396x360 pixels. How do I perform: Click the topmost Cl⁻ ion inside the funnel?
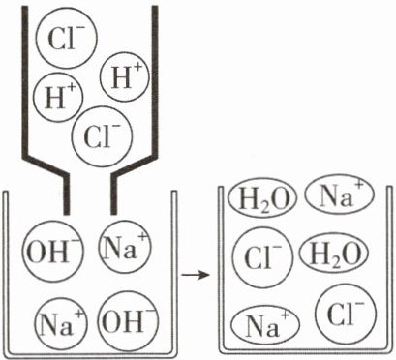coord(67,38)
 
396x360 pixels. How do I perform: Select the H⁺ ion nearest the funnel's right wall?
coord(125,77)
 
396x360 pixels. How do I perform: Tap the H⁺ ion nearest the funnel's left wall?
coord(58,97)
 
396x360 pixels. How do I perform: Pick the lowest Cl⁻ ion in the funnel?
coord(102,136)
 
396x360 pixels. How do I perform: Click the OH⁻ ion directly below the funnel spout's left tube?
coord(52,252)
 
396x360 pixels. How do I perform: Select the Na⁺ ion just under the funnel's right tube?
coord(125,247)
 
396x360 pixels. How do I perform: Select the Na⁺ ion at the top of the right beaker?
coord(339,195)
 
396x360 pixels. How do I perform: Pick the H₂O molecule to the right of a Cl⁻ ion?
coord(334,255)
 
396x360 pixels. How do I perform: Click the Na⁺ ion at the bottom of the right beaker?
coord(266,325)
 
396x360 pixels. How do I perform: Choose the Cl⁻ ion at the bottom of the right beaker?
coord(346,314)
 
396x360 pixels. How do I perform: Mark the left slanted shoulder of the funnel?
coord(46,166)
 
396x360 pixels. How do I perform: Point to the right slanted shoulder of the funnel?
coord(135,166)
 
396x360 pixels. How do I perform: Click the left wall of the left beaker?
coord(6,273)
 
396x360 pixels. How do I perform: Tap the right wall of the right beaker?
coord(390,269)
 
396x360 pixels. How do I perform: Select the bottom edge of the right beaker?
coord(306,351)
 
